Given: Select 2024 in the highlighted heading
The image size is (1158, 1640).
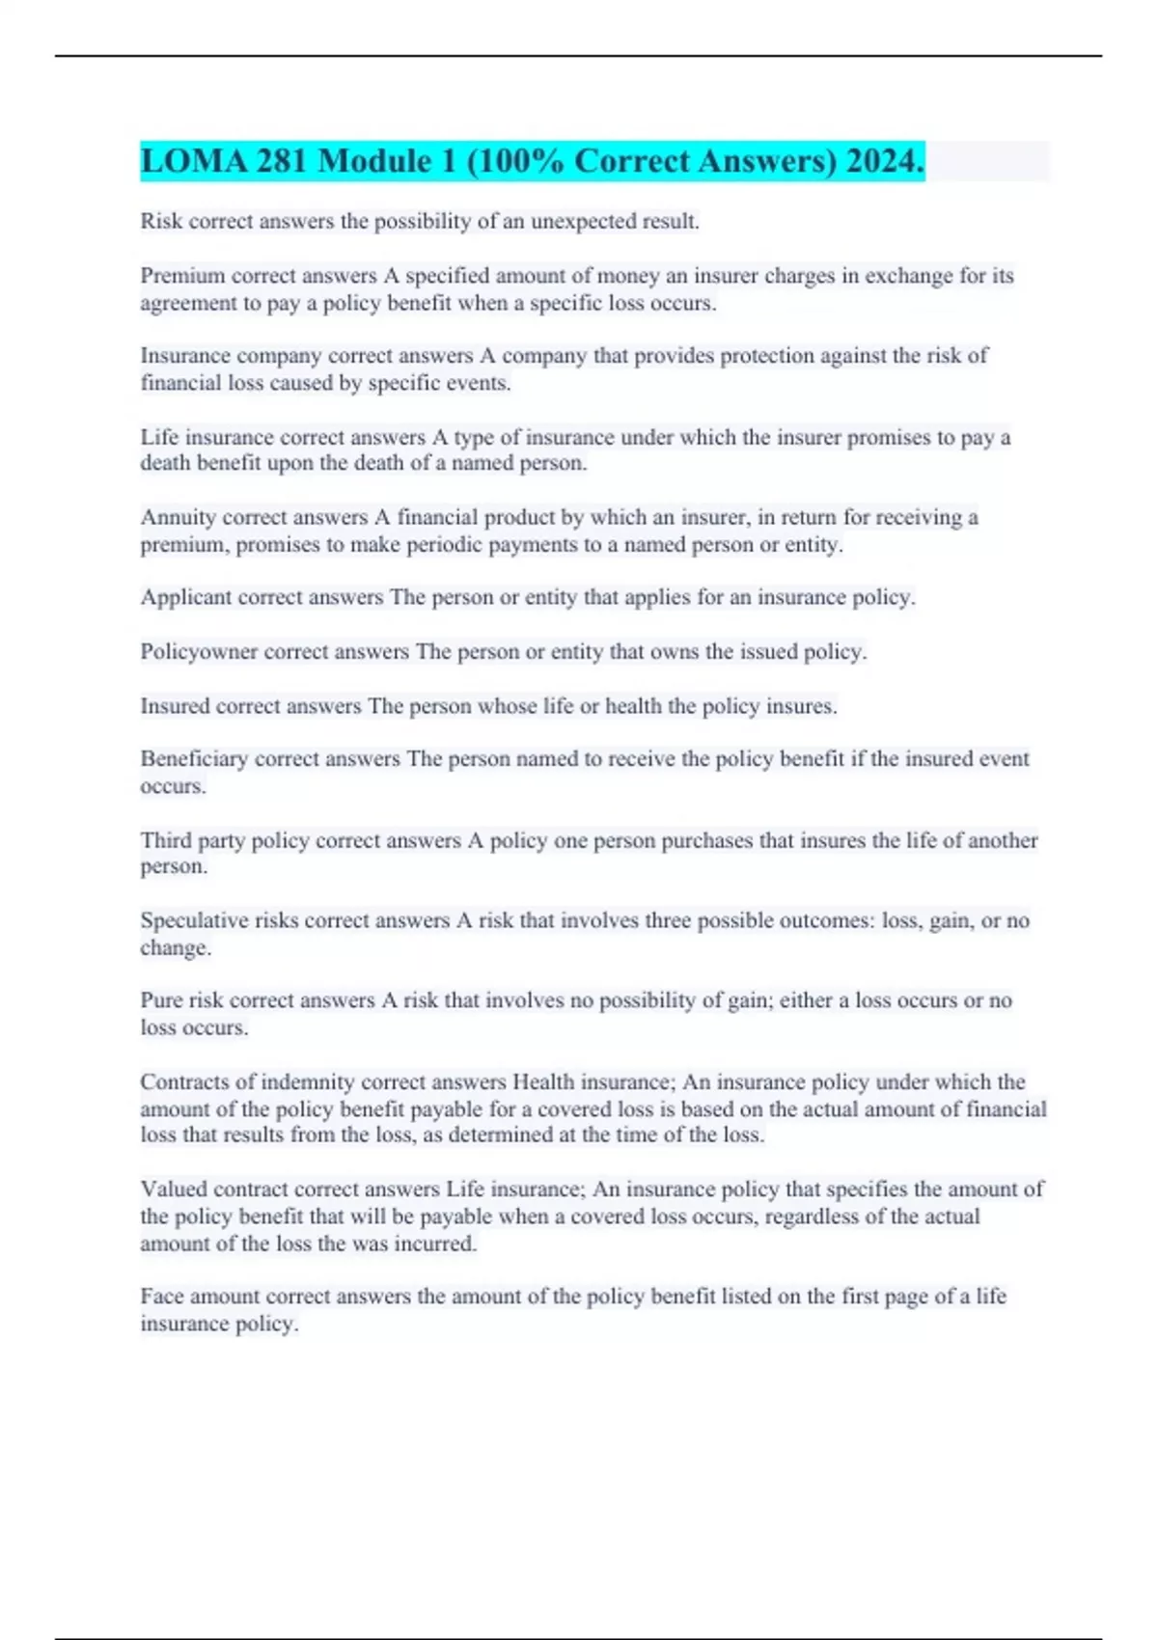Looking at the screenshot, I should pos(885,161).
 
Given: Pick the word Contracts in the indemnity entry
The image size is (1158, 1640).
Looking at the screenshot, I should pos(183,1082).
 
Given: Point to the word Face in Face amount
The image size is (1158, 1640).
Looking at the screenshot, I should pos(161,1297).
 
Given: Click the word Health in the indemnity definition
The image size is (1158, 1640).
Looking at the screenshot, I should pos(542,1082).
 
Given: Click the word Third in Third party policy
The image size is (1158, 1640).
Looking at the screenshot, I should pos(165,840).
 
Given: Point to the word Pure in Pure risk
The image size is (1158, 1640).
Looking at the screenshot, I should pos(161,1000).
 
